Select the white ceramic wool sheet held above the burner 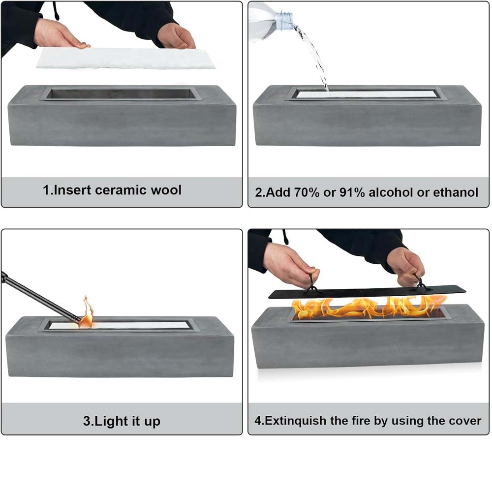pos(125,58)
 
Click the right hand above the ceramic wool pos(176,36)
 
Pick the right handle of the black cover pos(419,283)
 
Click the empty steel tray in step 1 pos(121,94)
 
